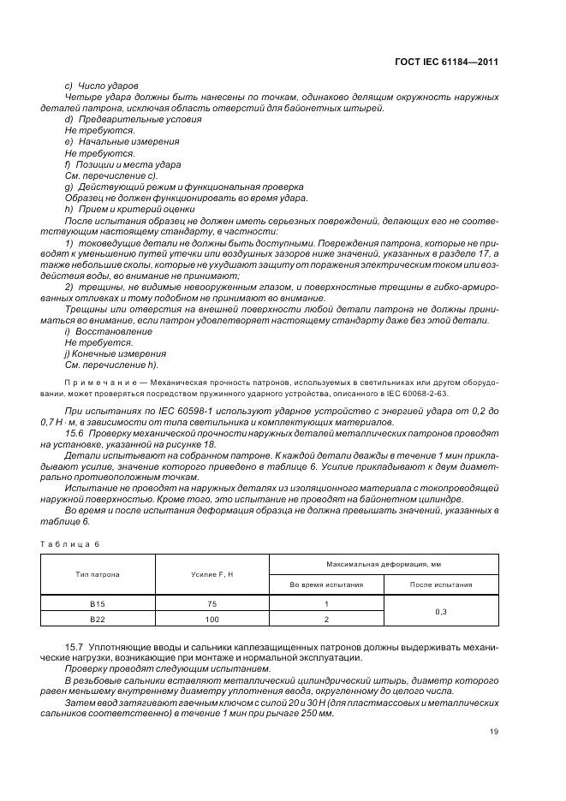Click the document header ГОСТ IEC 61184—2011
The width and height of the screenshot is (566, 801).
tap(449, 62)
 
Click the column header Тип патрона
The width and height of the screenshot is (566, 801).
tap(97, 574)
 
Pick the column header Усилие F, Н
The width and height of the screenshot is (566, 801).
tap(212, 574)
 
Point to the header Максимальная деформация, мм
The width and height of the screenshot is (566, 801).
tap(383, 565)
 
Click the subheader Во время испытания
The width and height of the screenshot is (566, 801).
tap(326, 584)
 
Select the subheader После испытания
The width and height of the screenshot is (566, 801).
tap(441, 584)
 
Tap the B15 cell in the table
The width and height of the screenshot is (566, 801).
tap(97, 604)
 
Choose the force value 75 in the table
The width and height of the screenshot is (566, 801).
tap(212, 604)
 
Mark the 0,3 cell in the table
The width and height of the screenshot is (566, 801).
tap(441, 612)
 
